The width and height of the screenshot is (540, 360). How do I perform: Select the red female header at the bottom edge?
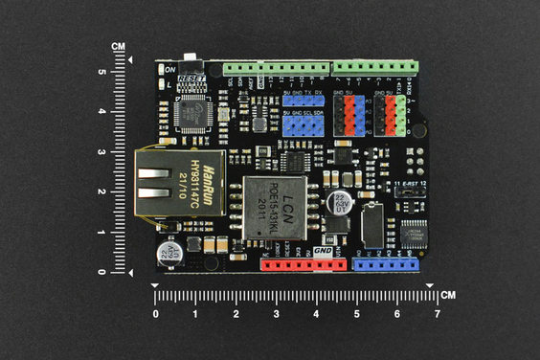click(x=302, y=263)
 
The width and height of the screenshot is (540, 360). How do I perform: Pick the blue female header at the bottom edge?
click(x=387, y=263)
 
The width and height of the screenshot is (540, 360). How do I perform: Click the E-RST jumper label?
click(x=408, y=182)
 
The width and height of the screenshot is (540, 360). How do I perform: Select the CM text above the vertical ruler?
click(x=118, y=46)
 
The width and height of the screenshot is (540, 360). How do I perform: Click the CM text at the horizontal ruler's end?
click(x=449, y=295)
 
